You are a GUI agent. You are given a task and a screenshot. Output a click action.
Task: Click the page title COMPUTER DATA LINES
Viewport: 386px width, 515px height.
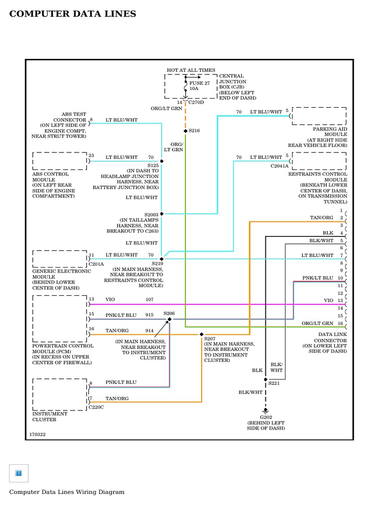coord(72,14)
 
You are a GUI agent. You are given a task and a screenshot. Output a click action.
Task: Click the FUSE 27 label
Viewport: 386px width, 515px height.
coord(200,83)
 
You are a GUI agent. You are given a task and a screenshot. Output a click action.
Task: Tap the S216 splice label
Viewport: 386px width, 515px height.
coord(194,131)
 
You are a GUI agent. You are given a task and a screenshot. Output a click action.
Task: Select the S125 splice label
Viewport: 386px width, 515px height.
coord(153,165)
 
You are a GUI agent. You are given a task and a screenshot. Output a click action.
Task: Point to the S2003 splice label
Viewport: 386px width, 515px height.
coord(151,214)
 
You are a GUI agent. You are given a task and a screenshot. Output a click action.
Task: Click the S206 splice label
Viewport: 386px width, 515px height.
coord(169,313)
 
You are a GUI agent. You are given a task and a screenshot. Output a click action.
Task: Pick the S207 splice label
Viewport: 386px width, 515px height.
coord(210,339)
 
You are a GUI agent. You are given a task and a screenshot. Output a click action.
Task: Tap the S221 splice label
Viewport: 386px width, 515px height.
coord(274,383)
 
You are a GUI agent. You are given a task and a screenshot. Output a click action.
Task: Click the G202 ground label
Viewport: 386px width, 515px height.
coord(265,417)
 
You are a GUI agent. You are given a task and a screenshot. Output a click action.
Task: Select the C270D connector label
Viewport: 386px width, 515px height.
coord(197,102)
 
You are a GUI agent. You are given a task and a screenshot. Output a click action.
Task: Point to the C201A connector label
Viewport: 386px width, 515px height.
coord(96,264)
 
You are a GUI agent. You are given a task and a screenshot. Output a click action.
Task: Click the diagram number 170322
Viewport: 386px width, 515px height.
coord(37,434)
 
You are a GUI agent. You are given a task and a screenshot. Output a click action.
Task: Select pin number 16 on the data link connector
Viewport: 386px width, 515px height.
coord(340,323)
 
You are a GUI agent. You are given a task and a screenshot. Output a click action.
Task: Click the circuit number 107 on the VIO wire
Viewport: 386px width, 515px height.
coord(149,300)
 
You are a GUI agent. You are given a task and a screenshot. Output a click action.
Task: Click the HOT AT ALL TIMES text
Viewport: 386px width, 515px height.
coord(191,70)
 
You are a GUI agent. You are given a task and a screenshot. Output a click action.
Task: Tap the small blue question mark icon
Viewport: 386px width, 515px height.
coord(19,473)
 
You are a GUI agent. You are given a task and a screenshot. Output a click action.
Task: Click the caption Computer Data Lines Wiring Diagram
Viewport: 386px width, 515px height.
coord(66,492)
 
